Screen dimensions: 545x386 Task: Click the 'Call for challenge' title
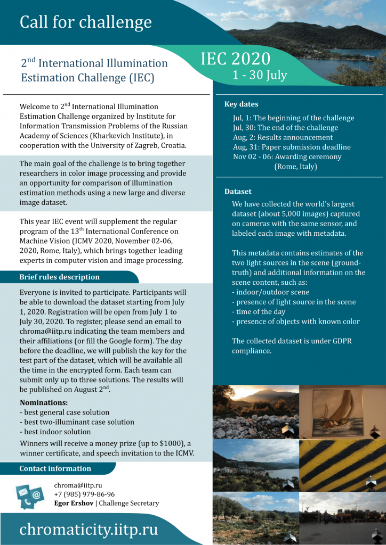click(x=85, y=22)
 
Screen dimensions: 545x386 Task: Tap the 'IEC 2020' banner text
click(x=235, y=59)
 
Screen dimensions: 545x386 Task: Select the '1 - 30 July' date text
click(x=260, y=75)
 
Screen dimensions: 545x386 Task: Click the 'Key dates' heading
click(x=241, y=104)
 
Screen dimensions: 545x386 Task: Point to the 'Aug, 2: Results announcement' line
click(x=283, y=137)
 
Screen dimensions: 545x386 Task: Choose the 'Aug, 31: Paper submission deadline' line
click(x=292, y=147)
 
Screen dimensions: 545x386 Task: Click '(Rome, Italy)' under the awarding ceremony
click(x=295, y=167)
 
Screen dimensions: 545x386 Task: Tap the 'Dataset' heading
click(x=238, y=192)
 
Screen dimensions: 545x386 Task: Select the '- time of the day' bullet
click(x=259, y=311)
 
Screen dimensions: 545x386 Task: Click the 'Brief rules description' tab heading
click(x=59, y=277)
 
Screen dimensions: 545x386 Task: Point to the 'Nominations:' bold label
click(x=44, y=402)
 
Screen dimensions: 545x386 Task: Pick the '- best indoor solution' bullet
click(x=55, y=432)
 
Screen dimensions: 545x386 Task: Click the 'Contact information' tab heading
click(x=55, y=469)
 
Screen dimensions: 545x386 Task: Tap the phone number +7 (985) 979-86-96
click(x=84, y=494)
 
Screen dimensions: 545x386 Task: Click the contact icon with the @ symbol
click(x=36, y=496)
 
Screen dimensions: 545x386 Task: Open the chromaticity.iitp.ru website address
click(x=89, y=530)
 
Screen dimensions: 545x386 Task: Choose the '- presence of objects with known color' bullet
click(x=295, y=321)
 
